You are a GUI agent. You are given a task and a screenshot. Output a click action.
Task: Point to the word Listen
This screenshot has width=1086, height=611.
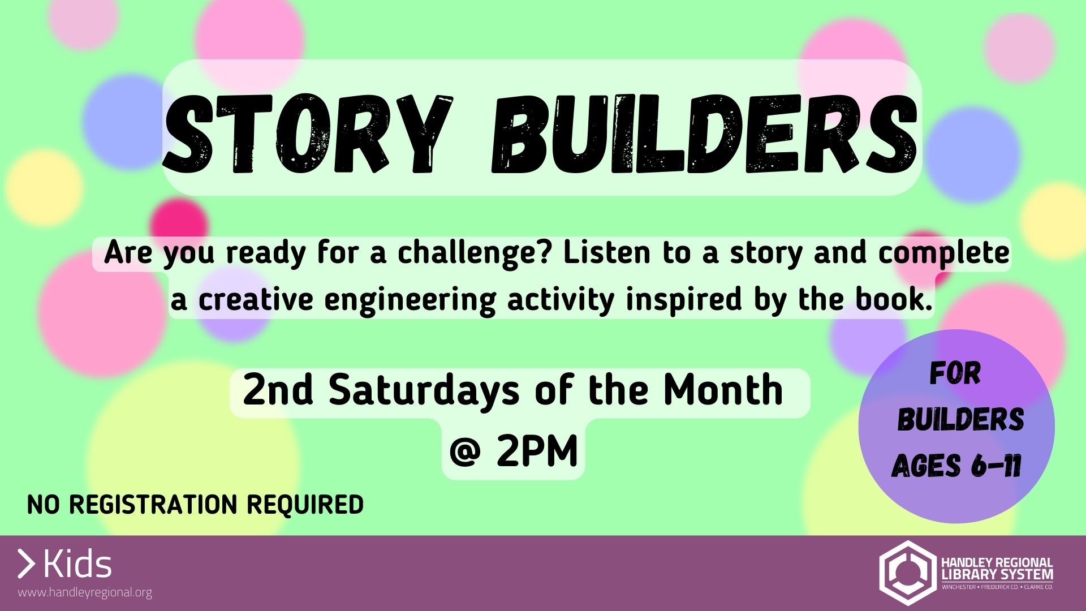[607, 252]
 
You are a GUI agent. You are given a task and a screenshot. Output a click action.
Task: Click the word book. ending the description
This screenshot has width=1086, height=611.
[894, 299]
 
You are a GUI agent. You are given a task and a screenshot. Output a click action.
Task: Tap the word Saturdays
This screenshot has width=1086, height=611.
[424, 390]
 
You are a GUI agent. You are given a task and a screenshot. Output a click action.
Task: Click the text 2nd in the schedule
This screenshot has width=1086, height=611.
[278, 390]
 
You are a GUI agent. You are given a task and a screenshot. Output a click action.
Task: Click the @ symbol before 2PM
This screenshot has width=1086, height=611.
[466, 452]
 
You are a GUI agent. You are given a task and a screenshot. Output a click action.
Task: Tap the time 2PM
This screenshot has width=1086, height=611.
[537, 451]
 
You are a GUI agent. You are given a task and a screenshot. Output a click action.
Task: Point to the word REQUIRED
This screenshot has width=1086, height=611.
[305, 505]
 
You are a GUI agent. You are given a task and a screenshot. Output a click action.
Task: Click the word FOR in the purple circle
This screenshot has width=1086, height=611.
[955, 373]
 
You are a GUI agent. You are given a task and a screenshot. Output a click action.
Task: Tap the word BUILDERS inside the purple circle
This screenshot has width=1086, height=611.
[960, 419]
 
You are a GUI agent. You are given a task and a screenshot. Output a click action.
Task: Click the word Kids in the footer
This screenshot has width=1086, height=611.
[77, 564]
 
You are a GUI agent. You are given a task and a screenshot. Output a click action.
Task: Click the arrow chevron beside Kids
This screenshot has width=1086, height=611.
[26, 564]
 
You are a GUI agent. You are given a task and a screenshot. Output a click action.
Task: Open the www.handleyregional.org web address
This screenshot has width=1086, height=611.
[85, 593]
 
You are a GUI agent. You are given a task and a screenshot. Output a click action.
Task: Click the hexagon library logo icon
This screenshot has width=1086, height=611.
[906, 573]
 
